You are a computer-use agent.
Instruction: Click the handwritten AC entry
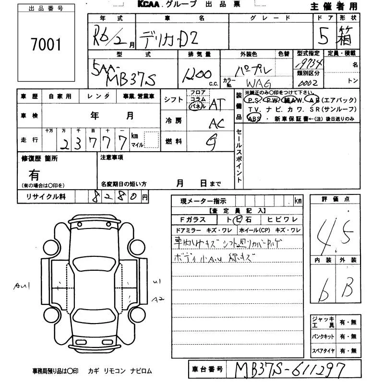(x=217, y=123)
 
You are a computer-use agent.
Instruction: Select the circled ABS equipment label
(x=255, y=119)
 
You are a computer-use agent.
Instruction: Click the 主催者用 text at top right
(x=340, y=6)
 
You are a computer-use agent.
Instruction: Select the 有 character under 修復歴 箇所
(x=35, y=175)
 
